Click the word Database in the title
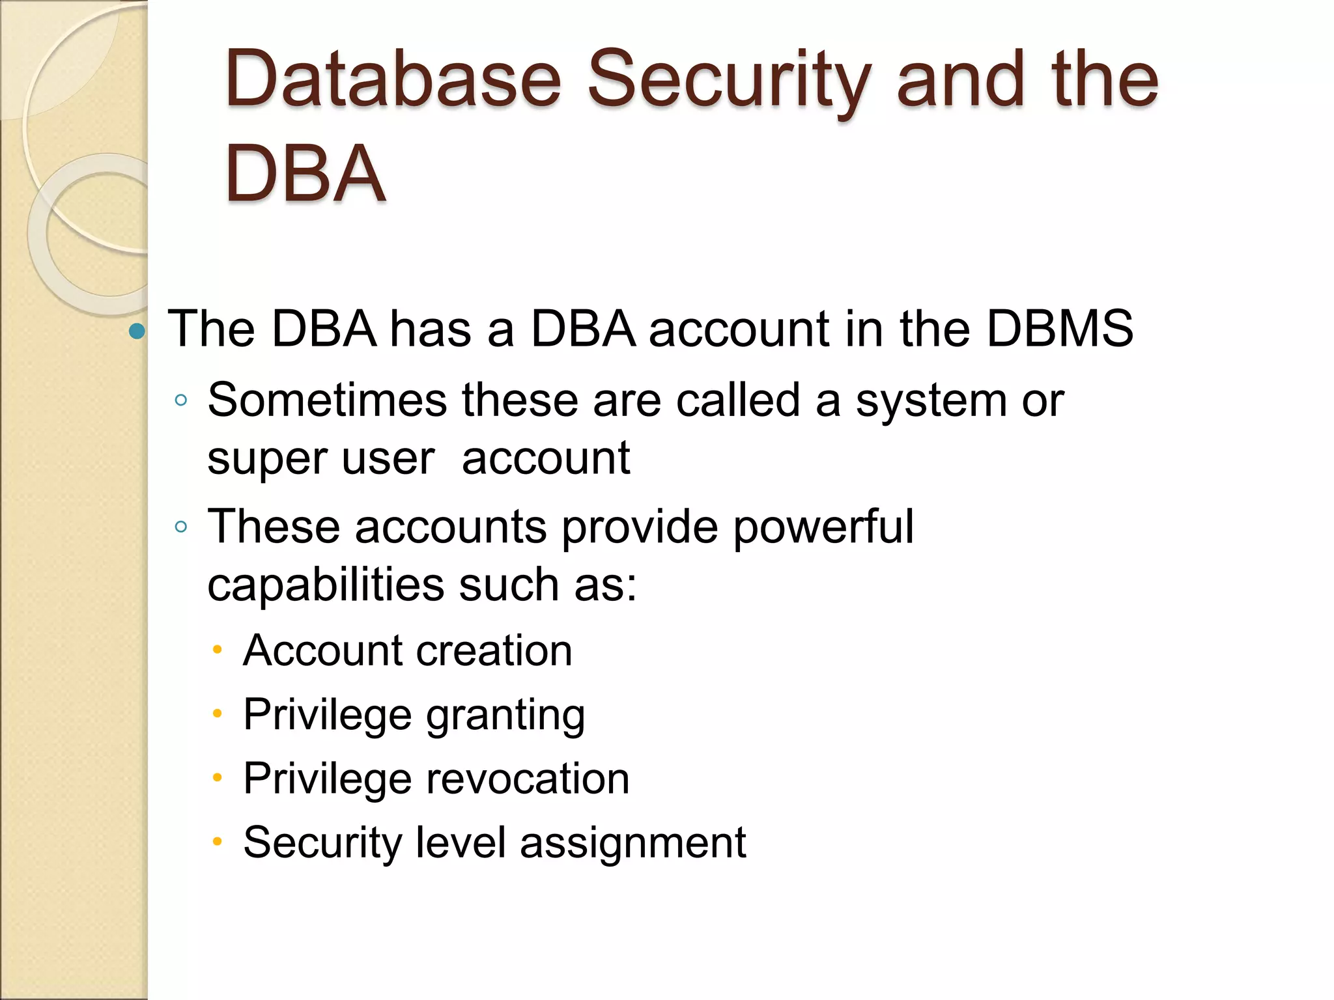point(393,79)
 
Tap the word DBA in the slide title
point(305,174)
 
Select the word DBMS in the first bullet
point(1060,328)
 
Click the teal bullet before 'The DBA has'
point(137,331)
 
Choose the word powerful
point(823,526)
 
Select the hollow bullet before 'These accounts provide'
point(181,527)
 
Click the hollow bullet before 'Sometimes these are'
point(181,400)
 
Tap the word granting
point(505,715)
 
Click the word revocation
point(528,779)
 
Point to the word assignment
point(632,842)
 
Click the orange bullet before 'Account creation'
point(218,649)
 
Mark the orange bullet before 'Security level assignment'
point(218,842)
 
